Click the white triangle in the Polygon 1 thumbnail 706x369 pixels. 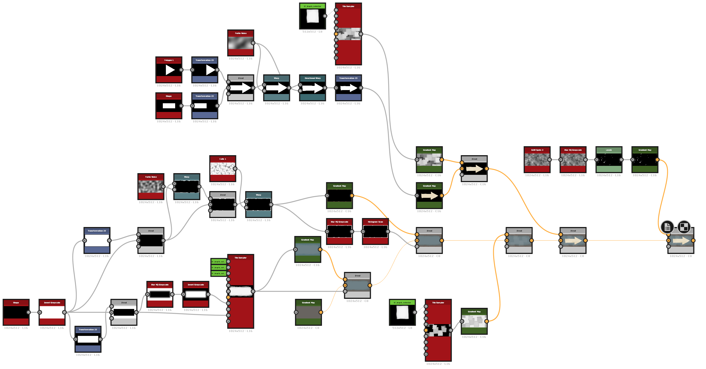[x=170, y=70]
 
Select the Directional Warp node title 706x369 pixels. [x=312, y=78]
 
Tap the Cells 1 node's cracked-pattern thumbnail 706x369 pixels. [x=223, y=169]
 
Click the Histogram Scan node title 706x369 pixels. [x=375, y=222]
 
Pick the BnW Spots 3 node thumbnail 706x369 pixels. [x=537, y=160]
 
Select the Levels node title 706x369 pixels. [x=609, y=150]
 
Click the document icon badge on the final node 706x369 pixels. [x=667, y=227]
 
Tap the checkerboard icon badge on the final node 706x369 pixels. [x=684, y=227]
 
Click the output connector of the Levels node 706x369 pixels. [x=621, y=160]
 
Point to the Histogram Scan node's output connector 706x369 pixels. [x=388, y=232]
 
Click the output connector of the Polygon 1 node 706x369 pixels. [x=181, y=70]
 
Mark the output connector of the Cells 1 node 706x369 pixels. [x=235, y=169]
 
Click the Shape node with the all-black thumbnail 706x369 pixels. [x=16, y=312]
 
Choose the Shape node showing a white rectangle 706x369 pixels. [x=169, y=106]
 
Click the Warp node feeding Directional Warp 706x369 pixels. [x=277, y=88]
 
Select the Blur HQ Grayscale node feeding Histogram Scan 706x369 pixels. [x=339, y=232]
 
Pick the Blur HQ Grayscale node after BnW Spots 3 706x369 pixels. [x=573, y=160]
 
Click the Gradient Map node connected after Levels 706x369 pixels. [x=645, y=160]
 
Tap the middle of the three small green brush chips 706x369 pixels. [x=218, y=267]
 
